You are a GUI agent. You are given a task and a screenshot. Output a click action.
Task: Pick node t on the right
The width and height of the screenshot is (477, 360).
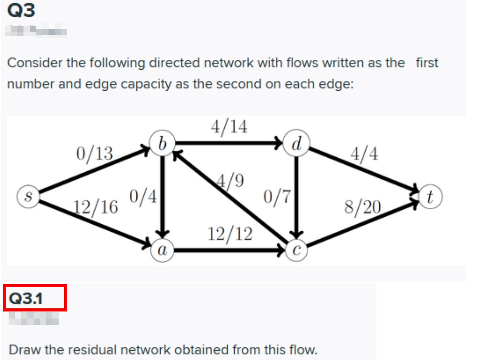pyautogui.click(x=430, y=196)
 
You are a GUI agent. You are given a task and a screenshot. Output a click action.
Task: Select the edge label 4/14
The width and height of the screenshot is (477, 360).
pyautogui.click(x=229, y=127)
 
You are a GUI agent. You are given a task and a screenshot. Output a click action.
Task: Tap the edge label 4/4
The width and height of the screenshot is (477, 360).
pyautogui.click(x=364, y=154)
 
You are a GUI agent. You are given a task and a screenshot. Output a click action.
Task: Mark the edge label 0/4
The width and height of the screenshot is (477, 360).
pyautogui.click(x=142, y=196)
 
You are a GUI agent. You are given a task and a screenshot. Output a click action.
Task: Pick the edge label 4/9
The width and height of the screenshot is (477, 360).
pyautogui.click(x=231, y=180)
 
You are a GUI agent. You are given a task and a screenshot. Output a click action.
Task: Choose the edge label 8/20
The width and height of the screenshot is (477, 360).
pyautogui.click(x=362, y=207)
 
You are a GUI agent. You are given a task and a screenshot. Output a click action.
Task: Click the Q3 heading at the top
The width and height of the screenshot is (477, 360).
pyautogui.click(x=21, y=11)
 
